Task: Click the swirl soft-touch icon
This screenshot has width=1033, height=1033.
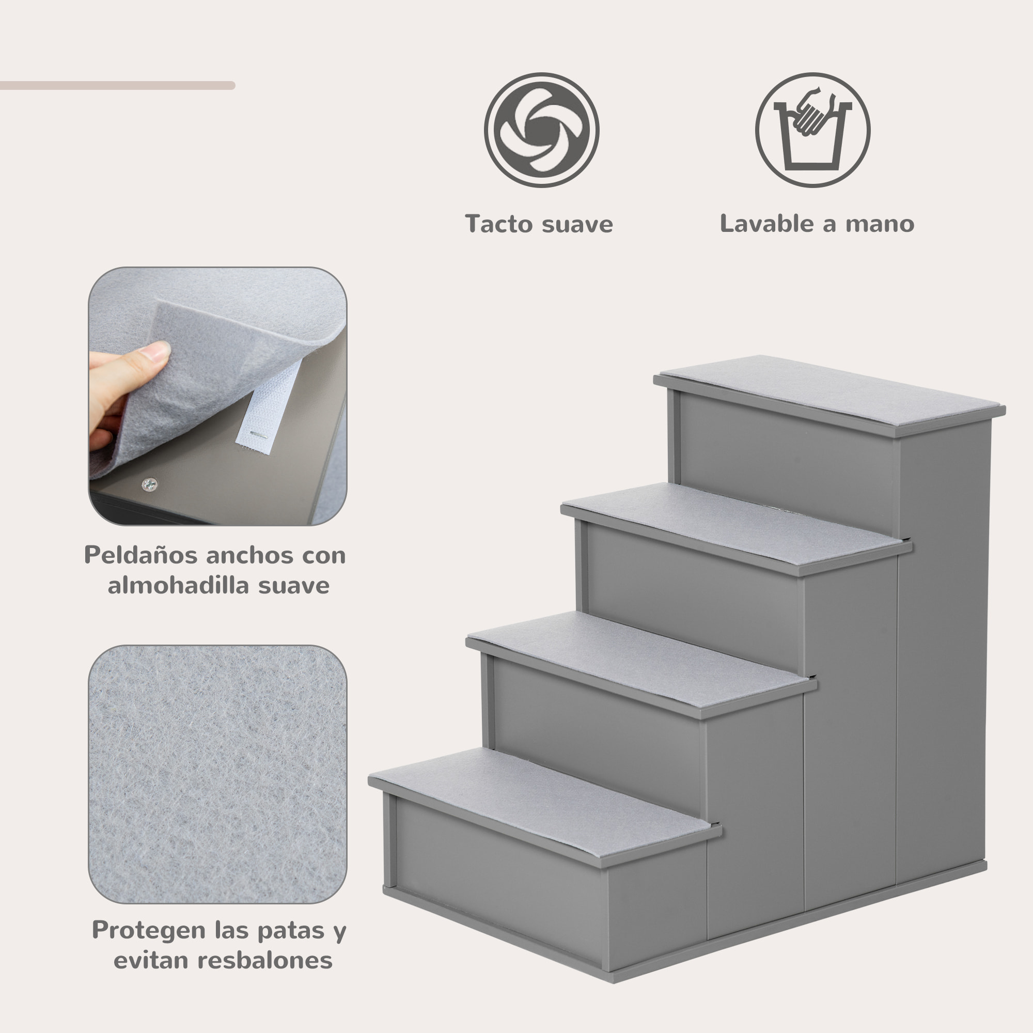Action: point(541,130)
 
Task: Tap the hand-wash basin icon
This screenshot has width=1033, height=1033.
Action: point(812,130)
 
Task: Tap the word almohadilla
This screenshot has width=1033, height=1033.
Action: point(176,586)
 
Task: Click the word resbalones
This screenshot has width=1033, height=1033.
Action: point(264,960)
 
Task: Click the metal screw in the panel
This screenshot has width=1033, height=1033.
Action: point(149,485)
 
